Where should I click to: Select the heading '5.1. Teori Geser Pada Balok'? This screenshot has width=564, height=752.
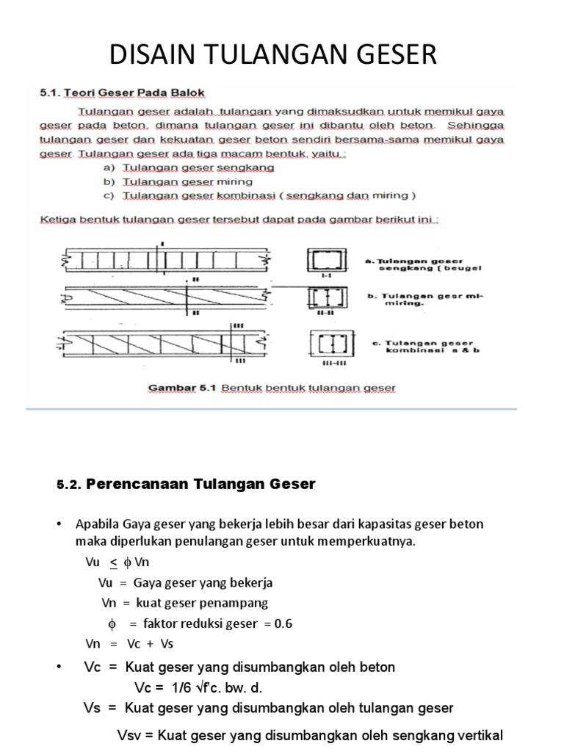[122, 93]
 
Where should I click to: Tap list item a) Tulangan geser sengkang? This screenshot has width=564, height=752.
[189, 167]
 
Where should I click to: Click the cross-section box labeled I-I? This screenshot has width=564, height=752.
[323, 260]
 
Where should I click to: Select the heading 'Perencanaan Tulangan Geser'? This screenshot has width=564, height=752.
[200, 483]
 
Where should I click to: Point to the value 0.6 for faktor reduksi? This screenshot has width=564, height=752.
[283, 623]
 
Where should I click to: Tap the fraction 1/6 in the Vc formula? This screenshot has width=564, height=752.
[181, 688]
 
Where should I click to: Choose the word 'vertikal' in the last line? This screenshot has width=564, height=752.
[476, 735]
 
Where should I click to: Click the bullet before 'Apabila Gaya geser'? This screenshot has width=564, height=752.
[59, 524]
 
